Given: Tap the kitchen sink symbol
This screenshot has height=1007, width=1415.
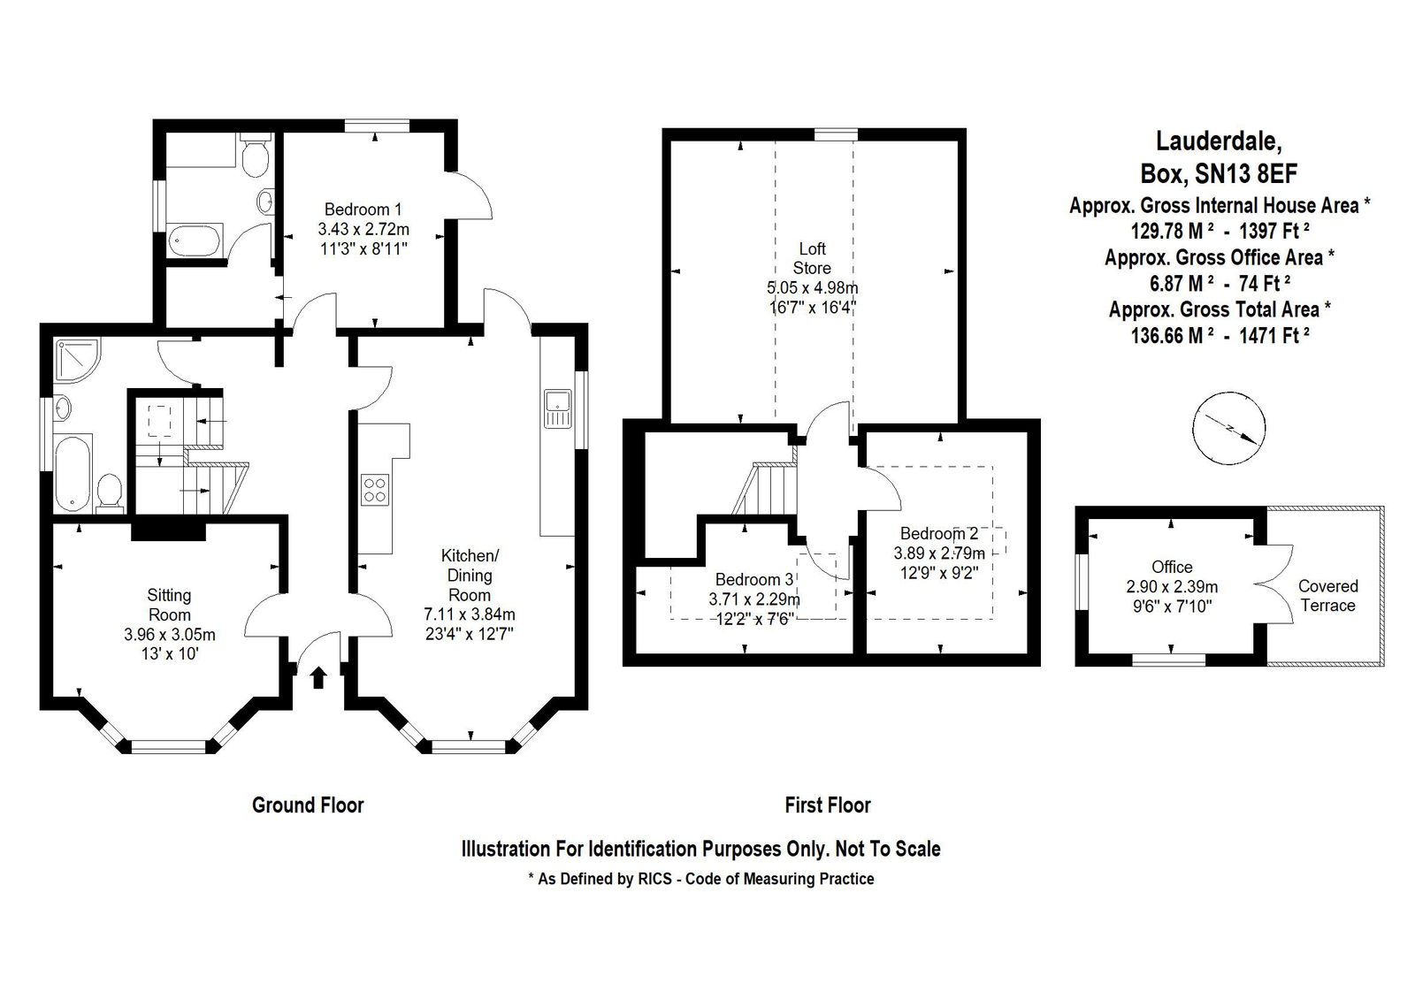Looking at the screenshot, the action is [557, 408].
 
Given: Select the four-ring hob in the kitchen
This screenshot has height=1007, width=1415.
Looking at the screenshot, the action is [375, 490].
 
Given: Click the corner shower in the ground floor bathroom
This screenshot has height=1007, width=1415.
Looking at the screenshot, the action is [77, 361].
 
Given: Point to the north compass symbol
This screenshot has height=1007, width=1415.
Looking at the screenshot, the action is [1228, 428].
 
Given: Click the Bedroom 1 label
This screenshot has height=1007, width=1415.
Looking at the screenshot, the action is [363, 209].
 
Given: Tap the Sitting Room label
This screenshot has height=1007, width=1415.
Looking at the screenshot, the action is [169, 605].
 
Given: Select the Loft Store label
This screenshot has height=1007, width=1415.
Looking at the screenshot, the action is [813, 258].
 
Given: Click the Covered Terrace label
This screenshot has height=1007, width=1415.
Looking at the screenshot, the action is [1327, 595].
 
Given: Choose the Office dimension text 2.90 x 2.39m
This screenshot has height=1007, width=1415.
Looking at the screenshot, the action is [1172, 586].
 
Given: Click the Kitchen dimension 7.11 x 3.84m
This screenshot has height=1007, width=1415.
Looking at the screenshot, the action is [470, 614].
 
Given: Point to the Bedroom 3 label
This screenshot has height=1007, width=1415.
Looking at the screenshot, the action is [753, 579].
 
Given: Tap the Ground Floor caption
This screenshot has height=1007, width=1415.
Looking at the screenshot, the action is [308, 805].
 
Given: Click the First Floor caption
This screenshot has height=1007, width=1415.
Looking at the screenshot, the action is [828, 805].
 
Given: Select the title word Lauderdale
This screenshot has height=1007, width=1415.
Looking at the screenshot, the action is [1219, 141].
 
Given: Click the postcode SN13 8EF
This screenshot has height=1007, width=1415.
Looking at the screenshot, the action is [1246, 173].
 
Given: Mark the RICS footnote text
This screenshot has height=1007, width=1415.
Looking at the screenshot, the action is [701, 879].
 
